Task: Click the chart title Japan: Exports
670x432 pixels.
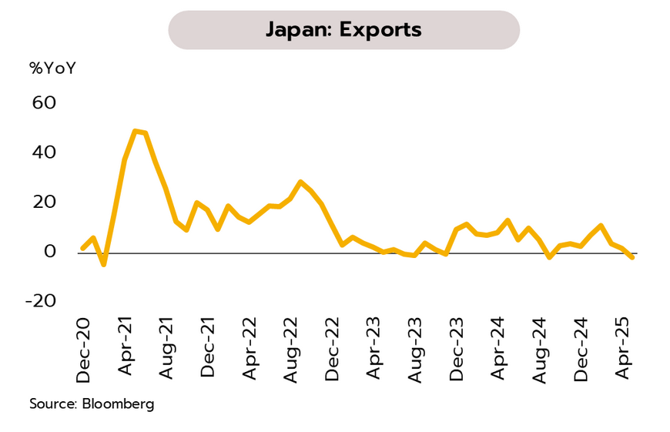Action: click(x=343, y=30)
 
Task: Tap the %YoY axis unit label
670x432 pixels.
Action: click(x=53, y=68)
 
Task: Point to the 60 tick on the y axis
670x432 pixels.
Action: click(x=45, y=102)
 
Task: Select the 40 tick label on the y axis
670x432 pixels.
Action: click(x=45, y=152)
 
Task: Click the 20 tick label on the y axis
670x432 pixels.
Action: click(x=45, y=202)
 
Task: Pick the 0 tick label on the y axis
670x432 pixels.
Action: click(x=50, y=252)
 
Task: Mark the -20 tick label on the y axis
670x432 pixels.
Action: click(x=40, y=301)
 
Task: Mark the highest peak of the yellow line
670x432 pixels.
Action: click(x=136, y=131)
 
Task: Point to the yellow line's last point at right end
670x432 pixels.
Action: click(x=632, y=257)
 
